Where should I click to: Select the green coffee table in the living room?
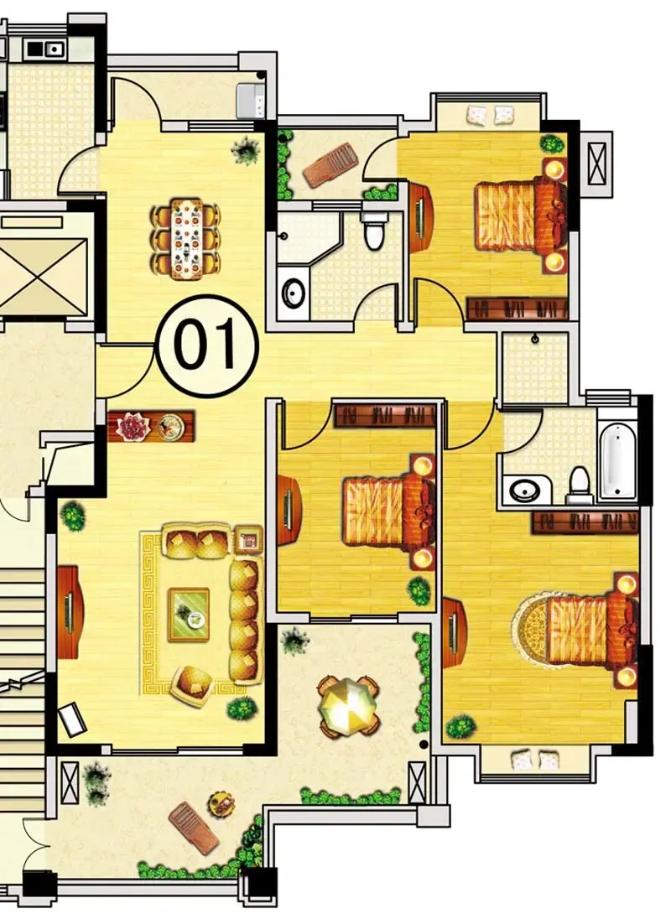[x=189, y=615]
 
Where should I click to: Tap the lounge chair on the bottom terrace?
[x=194, y=828]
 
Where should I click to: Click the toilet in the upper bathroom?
[x=374, y=230]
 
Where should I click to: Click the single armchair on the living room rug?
[x=191, y=685]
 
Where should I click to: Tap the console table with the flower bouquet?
[x=151, y=425]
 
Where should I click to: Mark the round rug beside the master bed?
[x=531, y=630]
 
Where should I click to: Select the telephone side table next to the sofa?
[x=248, y=538]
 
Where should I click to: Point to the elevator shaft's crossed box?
[x=43, y=276]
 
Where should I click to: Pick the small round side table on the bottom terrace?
[x=221, y=802]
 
